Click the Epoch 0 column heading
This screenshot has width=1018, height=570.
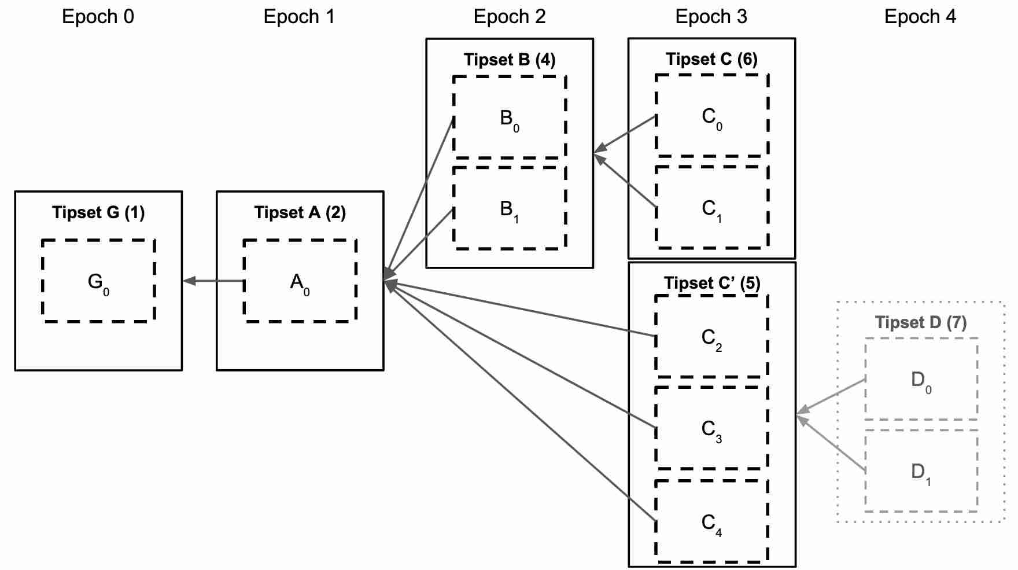98,16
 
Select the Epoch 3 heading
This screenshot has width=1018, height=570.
711,16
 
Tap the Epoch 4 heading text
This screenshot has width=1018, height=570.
920,16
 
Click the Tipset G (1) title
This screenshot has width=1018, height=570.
98,212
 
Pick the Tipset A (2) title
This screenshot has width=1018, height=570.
300,212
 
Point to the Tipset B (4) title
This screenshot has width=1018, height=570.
509,60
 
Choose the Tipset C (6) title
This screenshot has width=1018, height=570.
711,59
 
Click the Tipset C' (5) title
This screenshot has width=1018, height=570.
711,283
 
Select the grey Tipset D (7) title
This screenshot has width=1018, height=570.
920,322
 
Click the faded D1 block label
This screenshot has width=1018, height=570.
920,473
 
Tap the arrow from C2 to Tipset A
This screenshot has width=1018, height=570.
521,308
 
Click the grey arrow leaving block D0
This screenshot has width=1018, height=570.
831,397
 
